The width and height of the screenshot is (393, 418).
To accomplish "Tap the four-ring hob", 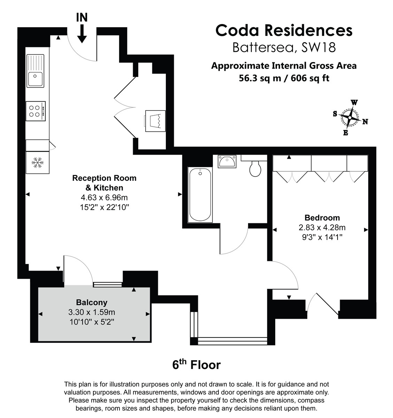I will point(36,111).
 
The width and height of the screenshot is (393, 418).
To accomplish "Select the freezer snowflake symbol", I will point(37,162).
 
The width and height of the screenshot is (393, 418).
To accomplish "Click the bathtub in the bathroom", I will point(200,195).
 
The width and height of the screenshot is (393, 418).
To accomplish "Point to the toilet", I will point(256,169).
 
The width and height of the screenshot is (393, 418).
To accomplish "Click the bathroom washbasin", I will point(227,162).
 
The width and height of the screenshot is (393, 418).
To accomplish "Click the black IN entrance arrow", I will point(82,33).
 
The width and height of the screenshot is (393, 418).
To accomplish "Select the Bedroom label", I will point(322,218).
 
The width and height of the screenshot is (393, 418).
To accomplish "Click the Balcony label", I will point(92,302).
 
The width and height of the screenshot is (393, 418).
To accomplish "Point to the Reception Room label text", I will point(104,178).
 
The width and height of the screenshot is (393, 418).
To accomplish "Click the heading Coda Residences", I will point(284,30).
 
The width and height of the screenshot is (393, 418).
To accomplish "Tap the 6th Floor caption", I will point(196,365).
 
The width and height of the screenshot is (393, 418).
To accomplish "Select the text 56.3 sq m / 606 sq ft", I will point(284,78).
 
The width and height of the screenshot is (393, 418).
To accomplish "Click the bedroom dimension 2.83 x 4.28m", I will point(322,227).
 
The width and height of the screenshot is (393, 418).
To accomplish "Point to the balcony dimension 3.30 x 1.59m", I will point(92,312).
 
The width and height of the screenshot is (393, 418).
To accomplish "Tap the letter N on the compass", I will point(365,122).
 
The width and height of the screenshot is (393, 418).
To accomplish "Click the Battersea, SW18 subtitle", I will point(284,47).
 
